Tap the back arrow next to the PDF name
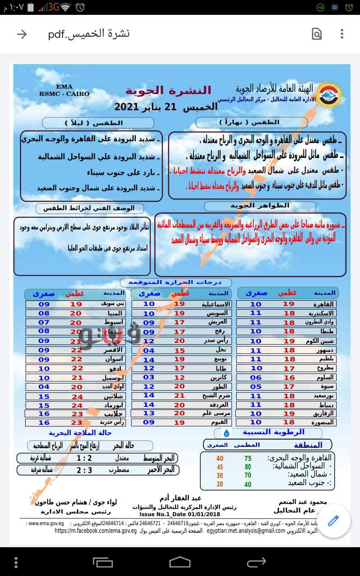point(22,34)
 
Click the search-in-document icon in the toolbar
point(317,34)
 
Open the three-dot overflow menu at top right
point(342,34)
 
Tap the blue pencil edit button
point(333,521)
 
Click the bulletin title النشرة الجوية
point(168,90)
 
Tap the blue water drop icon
point(226,433)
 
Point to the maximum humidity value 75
point(248,458)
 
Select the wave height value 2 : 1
point(84,458)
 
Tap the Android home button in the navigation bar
point(180,562)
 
